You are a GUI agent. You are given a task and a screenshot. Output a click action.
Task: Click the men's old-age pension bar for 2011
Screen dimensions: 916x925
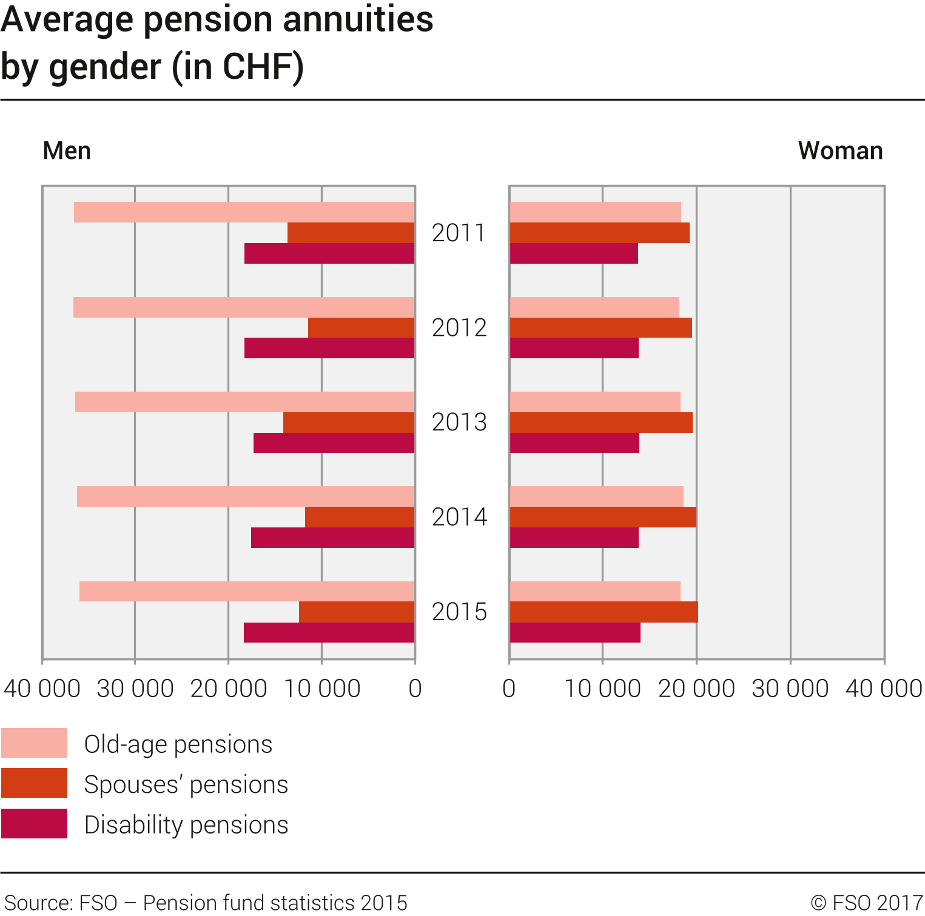pos(244,212)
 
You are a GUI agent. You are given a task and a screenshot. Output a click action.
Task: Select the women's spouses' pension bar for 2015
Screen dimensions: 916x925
pos(604,612)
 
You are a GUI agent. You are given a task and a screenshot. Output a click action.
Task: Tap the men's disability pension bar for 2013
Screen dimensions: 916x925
pos(334,443)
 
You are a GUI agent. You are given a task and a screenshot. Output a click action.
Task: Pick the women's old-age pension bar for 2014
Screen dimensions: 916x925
pos(596,496)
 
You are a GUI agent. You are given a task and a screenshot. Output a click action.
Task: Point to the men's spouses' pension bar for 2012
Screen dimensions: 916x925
pos(361,328)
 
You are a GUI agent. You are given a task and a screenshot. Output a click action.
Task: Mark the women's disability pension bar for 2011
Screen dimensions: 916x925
pos(574,253)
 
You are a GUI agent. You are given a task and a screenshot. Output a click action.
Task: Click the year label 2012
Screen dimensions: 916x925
pos(459,328)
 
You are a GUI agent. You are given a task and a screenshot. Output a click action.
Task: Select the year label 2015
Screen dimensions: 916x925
pos(459,612)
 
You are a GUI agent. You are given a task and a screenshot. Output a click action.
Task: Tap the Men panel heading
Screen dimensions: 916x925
pos(67,151)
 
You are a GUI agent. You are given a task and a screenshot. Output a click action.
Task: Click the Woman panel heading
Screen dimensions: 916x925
pos(840,151)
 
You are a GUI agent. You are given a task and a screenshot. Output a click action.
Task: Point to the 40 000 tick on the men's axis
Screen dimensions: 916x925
pos(42,689)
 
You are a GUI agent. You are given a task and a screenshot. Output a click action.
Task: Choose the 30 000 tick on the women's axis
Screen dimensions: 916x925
pos(790,689)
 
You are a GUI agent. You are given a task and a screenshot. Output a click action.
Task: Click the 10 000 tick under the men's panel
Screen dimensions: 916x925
pos(322,689)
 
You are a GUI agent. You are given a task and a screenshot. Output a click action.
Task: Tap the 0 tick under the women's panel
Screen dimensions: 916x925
pos(509,689)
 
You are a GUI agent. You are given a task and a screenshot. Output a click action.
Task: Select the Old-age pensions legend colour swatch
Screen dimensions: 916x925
pos(34,743)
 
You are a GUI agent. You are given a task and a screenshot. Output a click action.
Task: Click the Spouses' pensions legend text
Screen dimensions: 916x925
pos(186,784)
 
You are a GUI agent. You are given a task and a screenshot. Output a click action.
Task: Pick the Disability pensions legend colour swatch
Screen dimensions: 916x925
pos(34,824)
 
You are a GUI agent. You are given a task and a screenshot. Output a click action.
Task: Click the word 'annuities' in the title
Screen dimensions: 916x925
pos(358,19)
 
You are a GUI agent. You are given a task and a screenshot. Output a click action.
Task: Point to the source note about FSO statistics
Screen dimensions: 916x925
pos(206,903)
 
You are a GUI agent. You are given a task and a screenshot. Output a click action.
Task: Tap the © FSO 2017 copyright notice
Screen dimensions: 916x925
pos(867,903)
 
